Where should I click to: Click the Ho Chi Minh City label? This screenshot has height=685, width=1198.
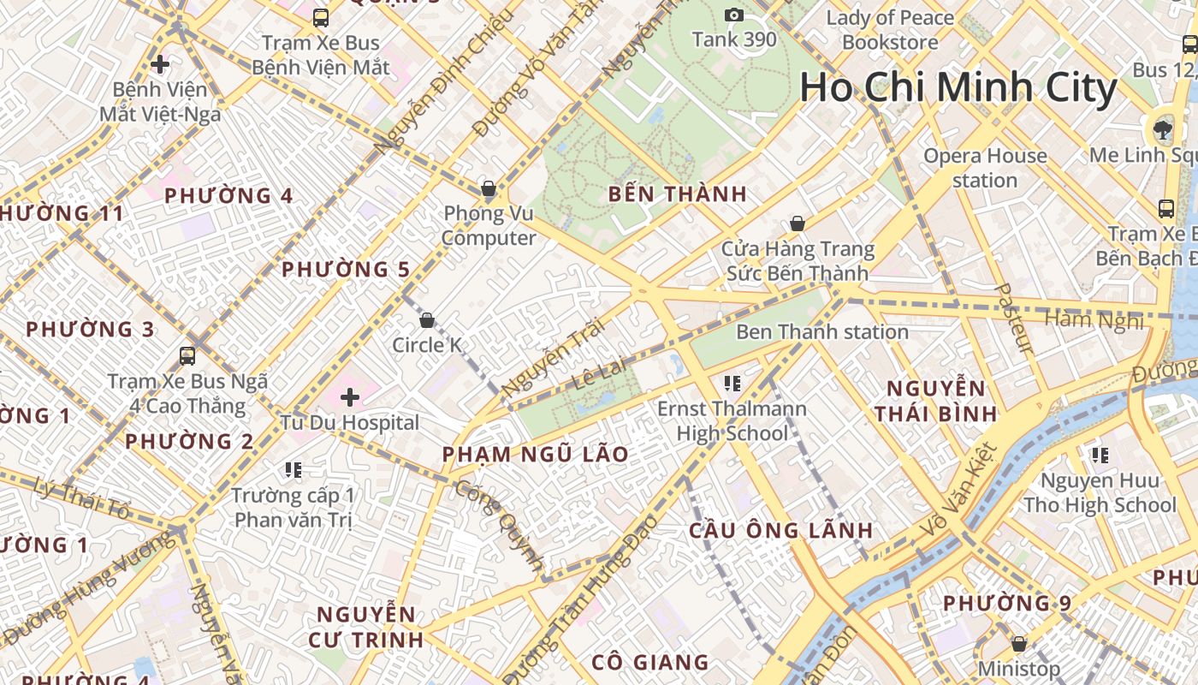pos(958,88)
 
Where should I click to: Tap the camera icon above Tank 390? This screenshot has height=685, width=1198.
pos(733,15)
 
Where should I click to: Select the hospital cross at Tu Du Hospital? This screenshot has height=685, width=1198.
pos(349,397)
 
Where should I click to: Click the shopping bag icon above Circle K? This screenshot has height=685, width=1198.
pos(426,321)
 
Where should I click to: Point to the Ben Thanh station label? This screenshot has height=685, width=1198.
pos(821,331)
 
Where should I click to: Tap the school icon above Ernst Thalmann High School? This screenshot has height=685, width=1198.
pos(731,383)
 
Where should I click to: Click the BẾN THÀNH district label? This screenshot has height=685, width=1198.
pos(678,194)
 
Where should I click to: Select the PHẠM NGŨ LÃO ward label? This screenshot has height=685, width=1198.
pos(536,454)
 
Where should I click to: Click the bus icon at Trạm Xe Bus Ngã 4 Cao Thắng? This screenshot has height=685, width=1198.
pos(187,356)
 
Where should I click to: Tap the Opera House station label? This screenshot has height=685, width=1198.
pos(985,168)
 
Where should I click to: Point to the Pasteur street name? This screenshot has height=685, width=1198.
pos(1015,319)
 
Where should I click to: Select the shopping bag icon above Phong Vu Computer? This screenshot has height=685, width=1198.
pos(488,188)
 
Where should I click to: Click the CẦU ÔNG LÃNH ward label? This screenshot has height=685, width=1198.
pos(781,530)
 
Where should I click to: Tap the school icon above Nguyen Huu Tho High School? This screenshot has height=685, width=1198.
pos(1100,455)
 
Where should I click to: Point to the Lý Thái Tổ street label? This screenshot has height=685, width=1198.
pos(83,500)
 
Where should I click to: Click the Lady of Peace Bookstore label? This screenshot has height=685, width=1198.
pos(890,29)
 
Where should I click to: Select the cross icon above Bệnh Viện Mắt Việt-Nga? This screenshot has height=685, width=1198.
pos(159,64)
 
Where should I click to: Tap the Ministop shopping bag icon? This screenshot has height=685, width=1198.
pos(1018,643)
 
